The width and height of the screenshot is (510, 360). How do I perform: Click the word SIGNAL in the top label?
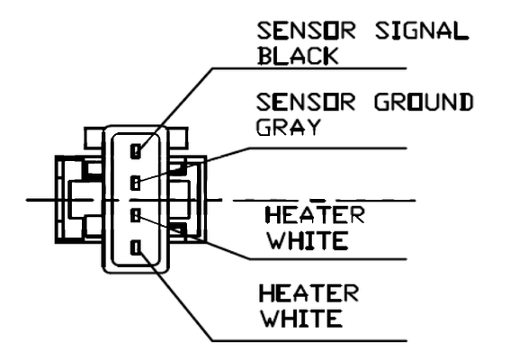[x=422, y=31]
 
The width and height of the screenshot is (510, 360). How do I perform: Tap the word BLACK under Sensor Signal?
[x=298, y=56]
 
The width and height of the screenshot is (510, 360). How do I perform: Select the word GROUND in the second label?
[x=424, y=102]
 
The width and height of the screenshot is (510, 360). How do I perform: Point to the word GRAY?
[x=289, y=127]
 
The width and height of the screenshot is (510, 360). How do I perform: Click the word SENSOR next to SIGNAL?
[x=306, y=31]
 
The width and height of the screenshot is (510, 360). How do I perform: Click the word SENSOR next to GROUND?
[x=306, y=102]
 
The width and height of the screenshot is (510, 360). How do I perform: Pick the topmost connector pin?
[x=136, y=151]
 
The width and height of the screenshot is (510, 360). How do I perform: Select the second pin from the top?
[x=135, y=183]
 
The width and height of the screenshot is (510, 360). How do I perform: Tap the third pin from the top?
[x=135, y=215]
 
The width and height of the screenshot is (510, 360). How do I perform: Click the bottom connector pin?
[x=136, y=247]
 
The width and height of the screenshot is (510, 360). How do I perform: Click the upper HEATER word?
[x=315, y=215]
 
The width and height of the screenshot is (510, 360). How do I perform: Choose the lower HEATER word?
[x=309, y=292]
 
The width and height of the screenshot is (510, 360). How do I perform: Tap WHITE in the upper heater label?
[x=308, y=240]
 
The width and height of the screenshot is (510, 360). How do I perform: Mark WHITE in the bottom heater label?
[x=302, y=319]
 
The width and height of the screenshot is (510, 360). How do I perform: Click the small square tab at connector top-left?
[x=94, y=139]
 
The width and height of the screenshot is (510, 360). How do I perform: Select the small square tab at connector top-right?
[x=178, y=139]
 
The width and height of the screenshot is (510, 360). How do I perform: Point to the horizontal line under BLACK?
[x=309, y=68]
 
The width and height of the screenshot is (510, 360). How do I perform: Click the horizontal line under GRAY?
[x=327, y=148]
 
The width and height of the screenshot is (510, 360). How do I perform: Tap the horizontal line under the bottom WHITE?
[x=309, y=341]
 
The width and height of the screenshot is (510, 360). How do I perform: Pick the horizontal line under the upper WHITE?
[x=327, y=259]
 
